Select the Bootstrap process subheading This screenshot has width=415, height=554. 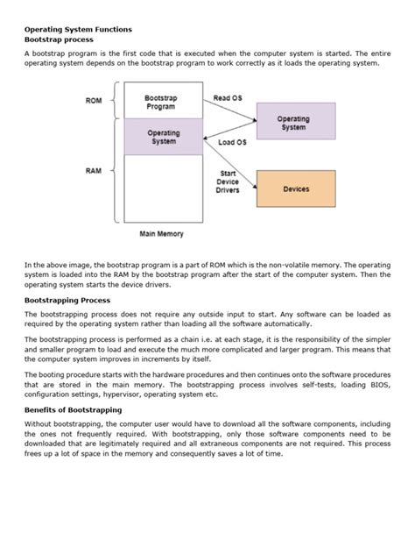(59, 40)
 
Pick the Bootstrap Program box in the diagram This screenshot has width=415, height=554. (164, 102)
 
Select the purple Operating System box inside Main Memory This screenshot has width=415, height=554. (164, 138)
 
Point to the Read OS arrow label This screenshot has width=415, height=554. (228, 97)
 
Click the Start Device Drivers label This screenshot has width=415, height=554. (227, 182)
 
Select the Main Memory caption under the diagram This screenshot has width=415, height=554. (163, 234)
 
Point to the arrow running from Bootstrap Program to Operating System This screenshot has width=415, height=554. (230, 110)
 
